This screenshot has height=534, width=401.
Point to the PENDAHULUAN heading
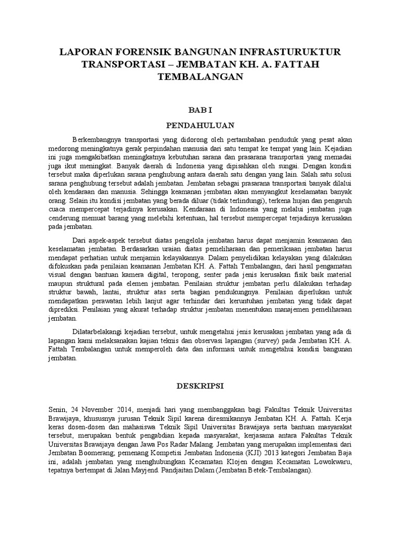tap(200, 125)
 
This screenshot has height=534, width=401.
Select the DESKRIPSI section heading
tap(200, 386)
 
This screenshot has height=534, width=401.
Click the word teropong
tap(220, 274)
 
